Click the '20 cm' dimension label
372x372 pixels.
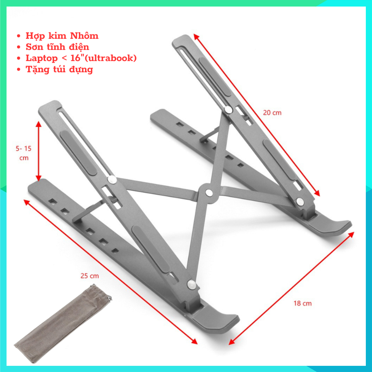272,113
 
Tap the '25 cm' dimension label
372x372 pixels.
90,276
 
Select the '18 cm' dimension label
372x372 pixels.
303,303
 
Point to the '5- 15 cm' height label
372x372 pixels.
24,153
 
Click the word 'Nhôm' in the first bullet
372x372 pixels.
84,36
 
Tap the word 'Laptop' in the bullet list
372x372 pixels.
42,58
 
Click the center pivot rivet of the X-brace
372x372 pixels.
209,193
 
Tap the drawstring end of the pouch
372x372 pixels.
109,298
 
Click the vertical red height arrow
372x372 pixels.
39,151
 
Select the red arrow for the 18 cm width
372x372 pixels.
291,288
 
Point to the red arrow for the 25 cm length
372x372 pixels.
110,272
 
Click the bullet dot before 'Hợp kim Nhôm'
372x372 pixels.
19,36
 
